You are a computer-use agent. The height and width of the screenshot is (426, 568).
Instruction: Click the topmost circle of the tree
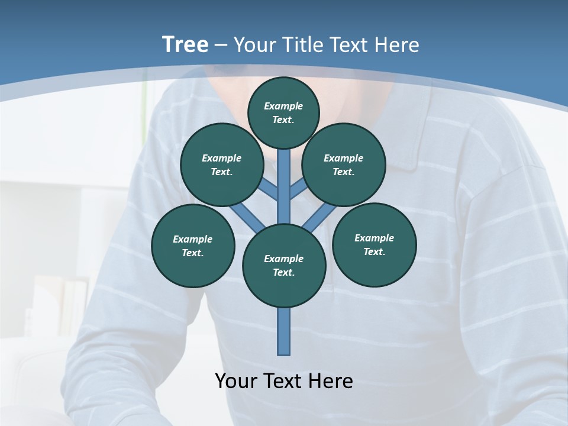point(283,112)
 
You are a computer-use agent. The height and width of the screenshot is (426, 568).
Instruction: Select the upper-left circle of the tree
point(222,164)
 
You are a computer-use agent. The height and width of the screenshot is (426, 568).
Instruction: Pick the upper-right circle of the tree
point(344,164)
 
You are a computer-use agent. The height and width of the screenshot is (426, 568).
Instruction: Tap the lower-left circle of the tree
point(193,246)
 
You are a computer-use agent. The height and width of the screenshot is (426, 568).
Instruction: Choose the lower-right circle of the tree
point(375,244)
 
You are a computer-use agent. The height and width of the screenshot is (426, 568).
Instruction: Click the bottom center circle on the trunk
point(284,266)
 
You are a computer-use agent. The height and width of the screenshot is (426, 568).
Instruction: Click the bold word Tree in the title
point(185,44)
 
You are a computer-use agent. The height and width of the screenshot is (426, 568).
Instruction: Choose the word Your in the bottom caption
point(237,381)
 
